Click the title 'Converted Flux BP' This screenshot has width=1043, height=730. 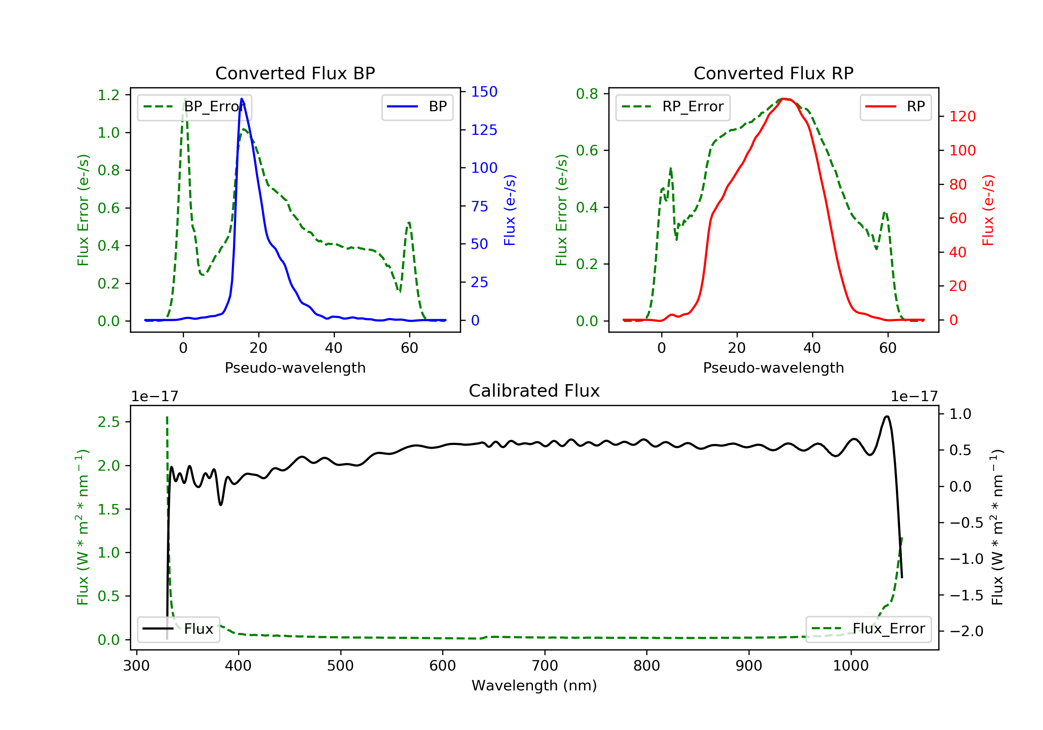pyautogui.click(x=295, y=73)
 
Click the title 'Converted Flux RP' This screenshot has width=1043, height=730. pyautogui.click(x=773, y=73)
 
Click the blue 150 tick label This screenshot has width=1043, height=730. pyautogui.click(x=484, y=92)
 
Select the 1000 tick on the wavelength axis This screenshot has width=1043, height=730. pyautogui.click(x=850, y=666)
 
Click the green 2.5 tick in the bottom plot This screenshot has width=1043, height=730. pyautogui.click(x=108, y=422)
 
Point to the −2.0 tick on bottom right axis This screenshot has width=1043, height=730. pyautogui.click(x=966, y=631)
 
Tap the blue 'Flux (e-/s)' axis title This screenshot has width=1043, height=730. pyautogui.click(x=510, y=210)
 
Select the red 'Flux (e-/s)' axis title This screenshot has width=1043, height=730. pyautogui.click(x=988, y=210)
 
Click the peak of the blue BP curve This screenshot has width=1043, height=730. pyautogui.click(x=242, y=99)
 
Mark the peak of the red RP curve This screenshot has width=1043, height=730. pyautogui.click(x=785, y=99)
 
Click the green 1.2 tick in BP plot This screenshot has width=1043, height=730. pyautogui.click(x=108, y=95)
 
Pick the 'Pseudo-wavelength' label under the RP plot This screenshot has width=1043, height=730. pyautogui.click(x=773, y=367)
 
